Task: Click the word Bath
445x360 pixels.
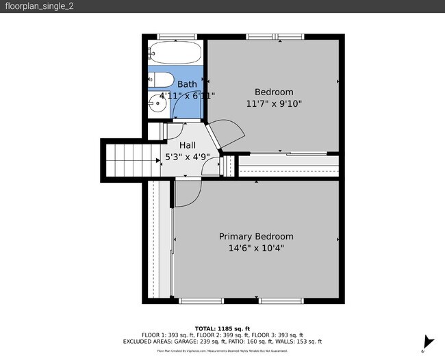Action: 187,84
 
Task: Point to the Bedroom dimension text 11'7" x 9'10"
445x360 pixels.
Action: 274,104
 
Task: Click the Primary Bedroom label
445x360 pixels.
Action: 256,236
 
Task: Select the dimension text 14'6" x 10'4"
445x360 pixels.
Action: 256,248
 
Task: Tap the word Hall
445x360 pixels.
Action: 187,145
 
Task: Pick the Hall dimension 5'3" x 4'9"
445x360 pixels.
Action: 187,157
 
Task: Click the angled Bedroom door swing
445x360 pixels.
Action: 229,132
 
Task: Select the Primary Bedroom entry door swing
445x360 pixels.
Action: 186,194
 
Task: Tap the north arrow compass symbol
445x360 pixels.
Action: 429,342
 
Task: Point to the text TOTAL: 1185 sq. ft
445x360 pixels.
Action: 222,328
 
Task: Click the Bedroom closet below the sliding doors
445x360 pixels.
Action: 288,166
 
